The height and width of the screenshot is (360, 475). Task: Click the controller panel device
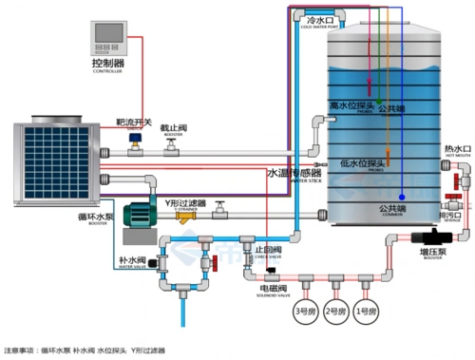point(107,37)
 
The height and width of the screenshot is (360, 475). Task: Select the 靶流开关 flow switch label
point(134,122)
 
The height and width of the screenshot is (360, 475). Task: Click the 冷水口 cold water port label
point(319,18)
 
